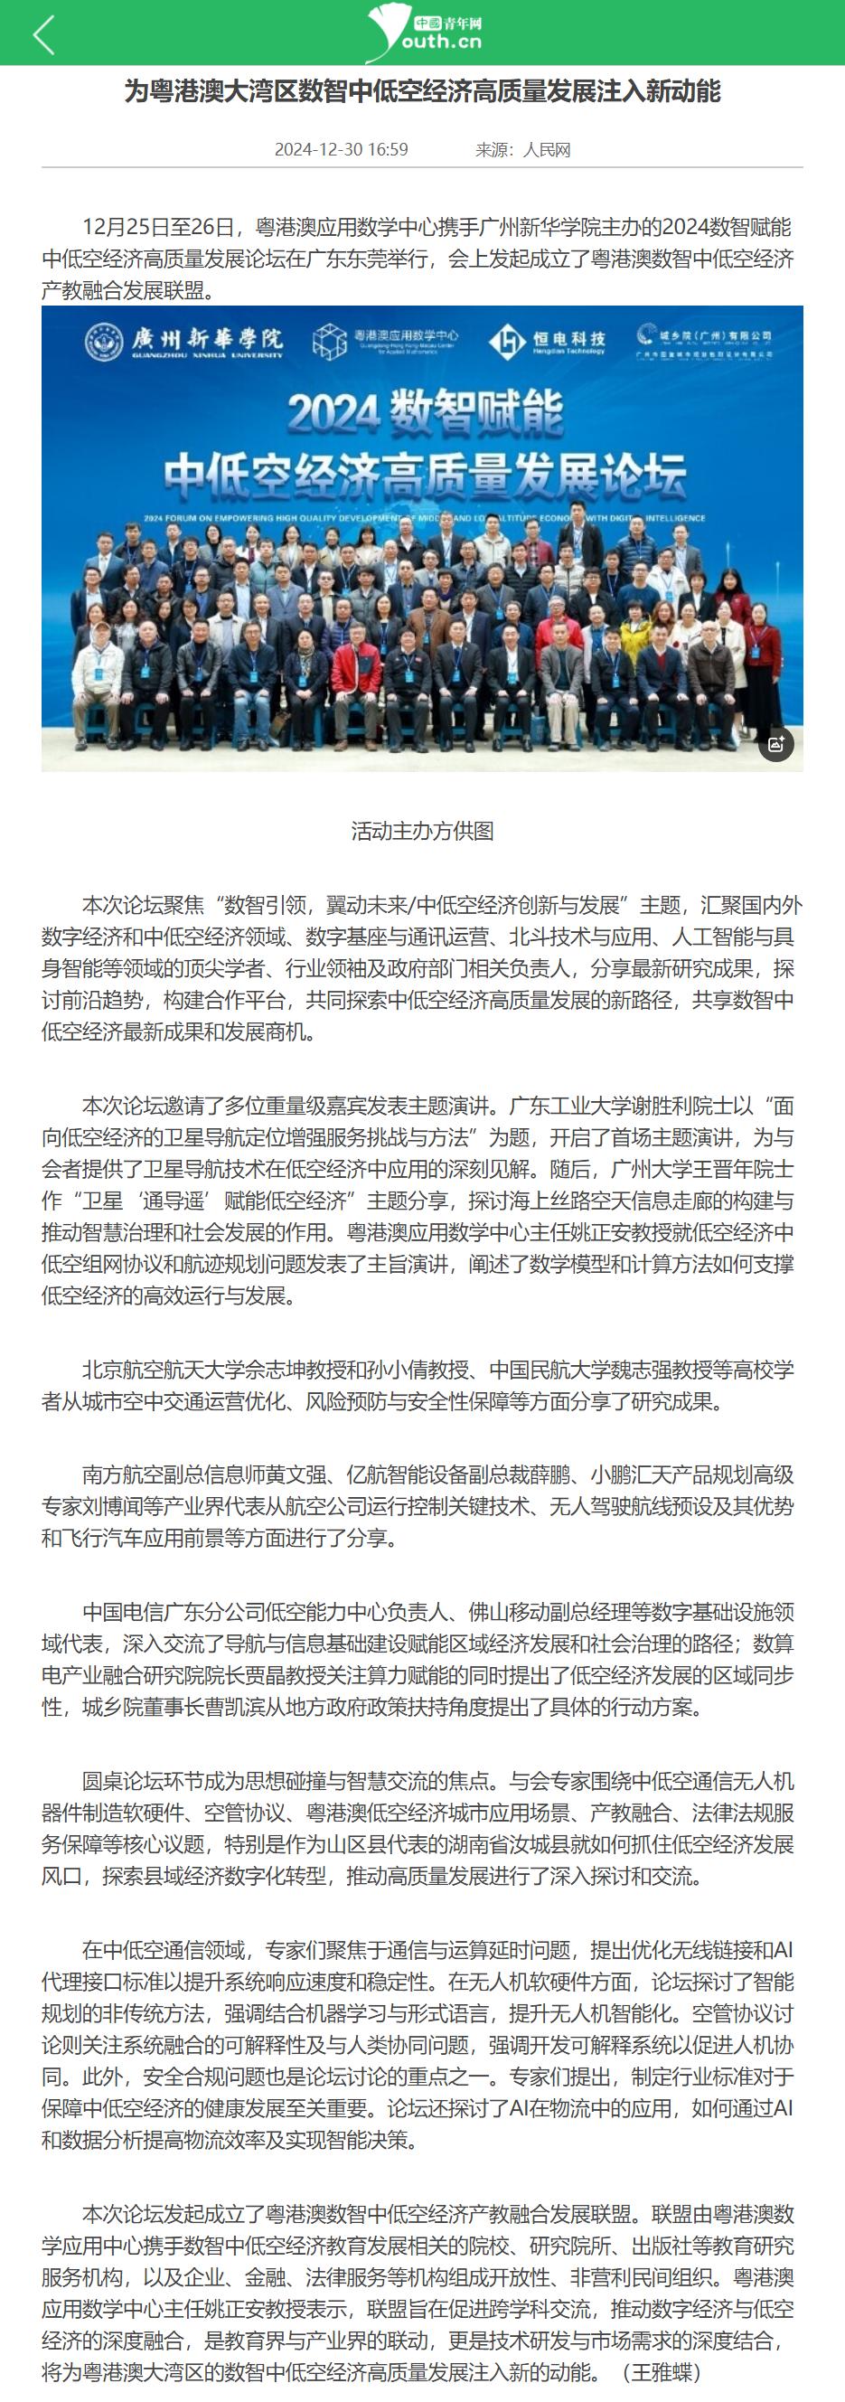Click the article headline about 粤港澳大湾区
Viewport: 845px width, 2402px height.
click(x=423, y=91)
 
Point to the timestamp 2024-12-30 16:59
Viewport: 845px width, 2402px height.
click(x=341, y=150)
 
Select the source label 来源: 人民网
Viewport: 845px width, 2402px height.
click(x=522, y=150)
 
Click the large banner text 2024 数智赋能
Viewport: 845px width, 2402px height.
click(x=425, y=412)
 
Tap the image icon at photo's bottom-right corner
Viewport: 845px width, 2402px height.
click(x=775, y=743)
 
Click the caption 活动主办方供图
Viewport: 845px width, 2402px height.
click(x=423, y=831)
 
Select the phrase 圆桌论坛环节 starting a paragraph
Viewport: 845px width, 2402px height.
click(x=143, y=1781)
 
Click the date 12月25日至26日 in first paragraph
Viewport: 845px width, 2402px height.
click(x=164, y=227)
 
